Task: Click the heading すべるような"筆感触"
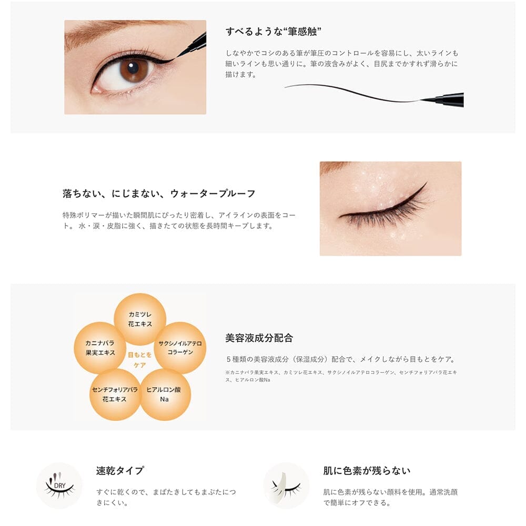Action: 274,32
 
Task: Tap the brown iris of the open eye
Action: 134,69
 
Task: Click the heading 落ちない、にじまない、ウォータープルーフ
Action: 159,194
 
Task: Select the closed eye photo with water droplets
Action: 390,208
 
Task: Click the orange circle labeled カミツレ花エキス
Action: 140,319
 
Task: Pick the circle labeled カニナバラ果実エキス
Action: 100,348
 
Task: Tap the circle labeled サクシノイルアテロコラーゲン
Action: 180,348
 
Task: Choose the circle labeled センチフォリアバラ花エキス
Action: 115,394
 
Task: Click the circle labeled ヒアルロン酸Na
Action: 165,394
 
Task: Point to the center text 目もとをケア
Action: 140,360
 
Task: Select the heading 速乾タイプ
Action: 120,470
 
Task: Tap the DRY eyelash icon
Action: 59,485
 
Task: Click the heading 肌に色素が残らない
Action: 367,470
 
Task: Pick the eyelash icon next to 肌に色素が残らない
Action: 286,485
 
